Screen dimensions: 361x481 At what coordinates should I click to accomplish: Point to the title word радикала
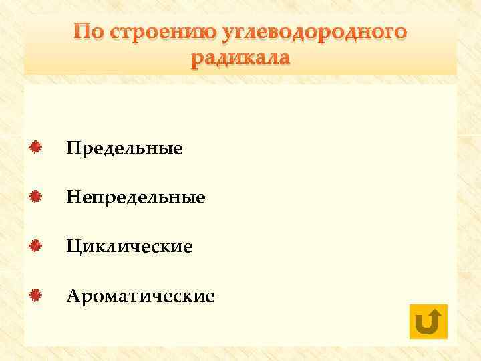point(240,59)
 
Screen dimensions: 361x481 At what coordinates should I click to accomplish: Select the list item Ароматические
point(140,295)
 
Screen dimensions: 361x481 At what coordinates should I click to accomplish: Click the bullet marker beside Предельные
point(37,146)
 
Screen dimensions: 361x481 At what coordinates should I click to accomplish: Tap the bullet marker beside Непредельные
point(37,196)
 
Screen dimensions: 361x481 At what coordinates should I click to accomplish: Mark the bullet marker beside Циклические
point(37,245)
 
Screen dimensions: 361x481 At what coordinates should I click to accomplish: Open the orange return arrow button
point(426,322)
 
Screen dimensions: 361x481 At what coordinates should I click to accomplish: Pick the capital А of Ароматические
point(73,295)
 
